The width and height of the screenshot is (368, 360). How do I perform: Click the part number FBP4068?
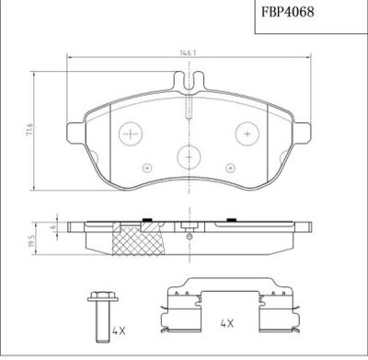pyautogui.click(x=288, y=12)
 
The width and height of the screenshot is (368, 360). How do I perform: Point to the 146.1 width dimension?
pyautogui.click(x=188, y=53)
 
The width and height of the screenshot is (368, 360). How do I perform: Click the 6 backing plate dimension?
pyautogui.click(x=52, y=227)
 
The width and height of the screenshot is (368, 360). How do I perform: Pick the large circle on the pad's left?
pyautogui.click(x=131, y=134)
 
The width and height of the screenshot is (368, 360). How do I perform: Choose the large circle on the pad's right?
pyautogui.click(x=247, y=134)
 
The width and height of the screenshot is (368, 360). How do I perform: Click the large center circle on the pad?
pyautogui.click(x=189, y=157)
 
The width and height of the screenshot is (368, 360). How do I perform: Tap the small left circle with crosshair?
pyautogui.click(x=147, y=168)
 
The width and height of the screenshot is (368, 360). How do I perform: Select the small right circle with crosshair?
pyautogui.click(x=230, y=168)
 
